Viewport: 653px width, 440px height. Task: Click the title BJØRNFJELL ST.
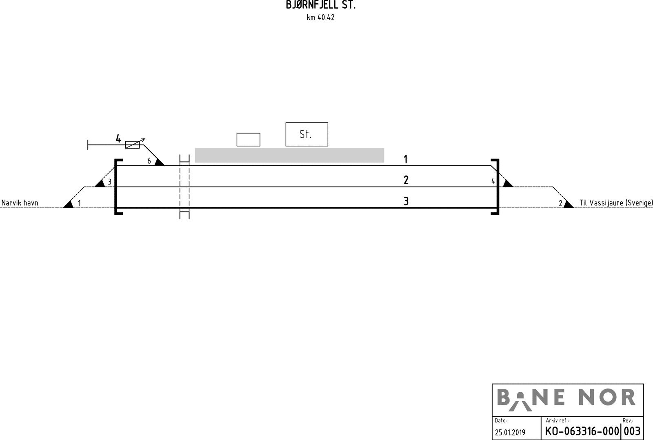pyautogui.click(x=321, y=5)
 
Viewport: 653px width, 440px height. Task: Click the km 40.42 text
pyautogui.click(x=321, y=18)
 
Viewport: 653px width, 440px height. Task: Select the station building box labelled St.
pyautogui.click(x=307, y=134)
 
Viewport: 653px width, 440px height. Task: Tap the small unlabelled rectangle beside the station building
pyautogui.click(x=248, y=140)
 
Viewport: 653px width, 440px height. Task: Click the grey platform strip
pyautogui.click(x=289, y=155)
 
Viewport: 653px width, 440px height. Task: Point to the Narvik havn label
pyautogui.click(x=20, y=203)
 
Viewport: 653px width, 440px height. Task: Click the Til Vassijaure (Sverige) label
pyautogui.click(x=616, y=203)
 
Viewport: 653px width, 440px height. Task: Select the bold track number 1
pyautogui.click(x=405, y=159)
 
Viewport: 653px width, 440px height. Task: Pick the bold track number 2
pyautogui.click(x=406, y=180)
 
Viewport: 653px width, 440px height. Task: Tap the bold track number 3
pyautogui.click(x=406, y=201)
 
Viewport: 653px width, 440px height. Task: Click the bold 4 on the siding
pyautogui.click(x=118, y=139)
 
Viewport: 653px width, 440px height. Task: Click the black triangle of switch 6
pyautogui.click(x=159, y=162)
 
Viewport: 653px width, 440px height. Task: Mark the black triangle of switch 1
pyautogui.click(x=69, y=204)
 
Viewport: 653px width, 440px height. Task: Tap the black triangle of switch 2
pyautogui.click(x=568, y=204)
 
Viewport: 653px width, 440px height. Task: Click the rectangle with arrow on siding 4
pyautogui.click(x=132, y=144)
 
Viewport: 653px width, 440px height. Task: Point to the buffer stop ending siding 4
pyautogui.click(x=88, y=144)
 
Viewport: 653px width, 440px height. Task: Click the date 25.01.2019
pyautogui.click(x=510, y=432)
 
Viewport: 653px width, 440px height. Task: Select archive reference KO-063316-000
pyautogui.click(x=582, y=431)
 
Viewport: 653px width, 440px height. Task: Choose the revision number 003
pyautogui.click(x=632, y=431)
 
